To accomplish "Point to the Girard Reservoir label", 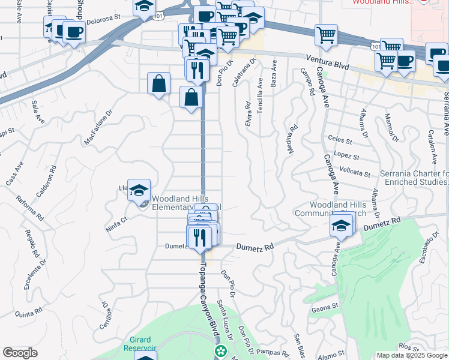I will coord(140,343).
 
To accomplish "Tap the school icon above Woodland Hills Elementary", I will coord(139,191).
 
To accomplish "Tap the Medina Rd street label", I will coord(292,139).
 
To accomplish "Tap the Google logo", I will coord(20,352).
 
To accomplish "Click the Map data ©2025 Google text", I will coord(411,355).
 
